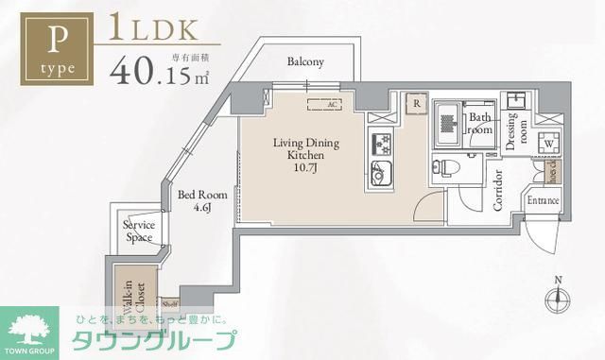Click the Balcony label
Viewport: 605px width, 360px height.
[305, 62]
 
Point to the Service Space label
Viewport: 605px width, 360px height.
[139, 231]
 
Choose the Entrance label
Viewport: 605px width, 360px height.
[544, 201]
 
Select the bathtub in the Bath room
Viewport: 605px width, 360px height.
[447, 123]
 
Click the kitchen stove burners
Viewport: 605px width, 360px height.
[382, 144]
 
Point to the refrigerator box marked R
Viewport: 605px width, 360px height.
[415, 102]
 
